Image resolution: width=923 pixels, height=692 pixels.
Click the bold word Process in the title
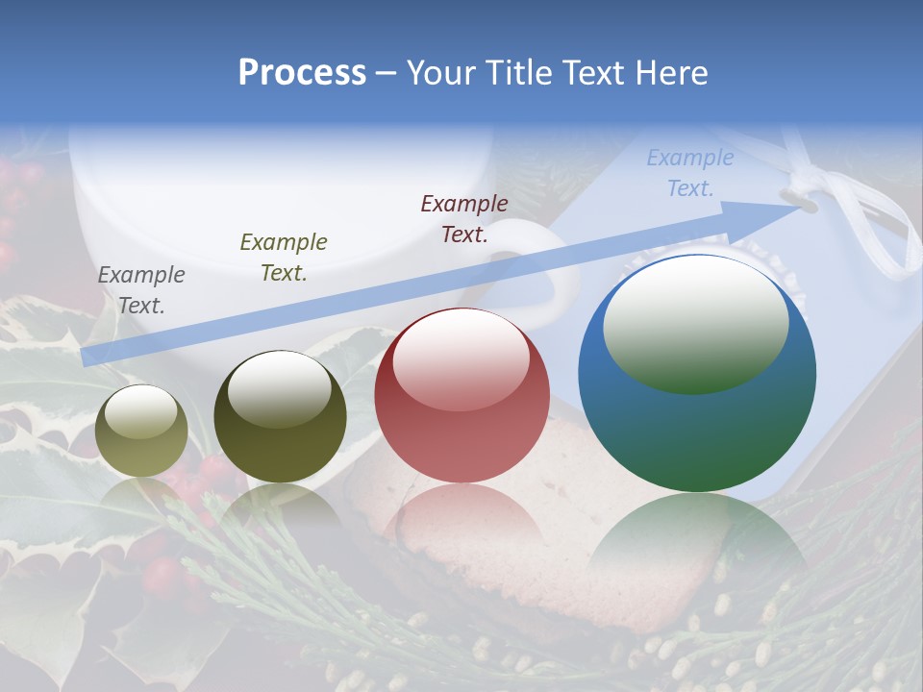pyautogui.click(x=302, y=73)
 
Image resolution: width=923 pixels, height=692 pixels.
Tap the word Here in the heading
pyautogui.click(x=666, y=73)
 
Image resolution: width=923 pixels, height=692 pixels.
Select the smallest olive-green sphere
pyautogui.click(x=141, y=431)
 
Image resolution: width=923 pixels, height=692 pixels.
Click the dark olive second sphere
pyautogui.click(x=280, y=417)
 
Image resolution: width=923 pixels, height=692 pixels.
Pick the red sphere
pyautogui.click(x=461, y=395)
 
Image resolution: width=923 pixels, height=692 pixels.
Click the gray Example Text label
pyautogui.click(x=141, y=290)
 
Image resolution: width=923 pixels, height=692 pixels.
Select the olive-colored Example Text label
pyautogui.click(x=284, y=258)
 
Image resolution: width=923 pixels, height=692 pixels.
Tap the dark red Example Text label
pyautogui.click(x=464, y=219)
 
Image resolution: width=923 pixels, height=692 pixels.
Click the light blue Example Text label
pyautogui.click(x=690, y=173)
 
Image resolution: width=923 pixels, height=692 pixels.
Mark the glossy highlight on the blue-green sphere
pyautogui.click(x=695, y=324)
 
